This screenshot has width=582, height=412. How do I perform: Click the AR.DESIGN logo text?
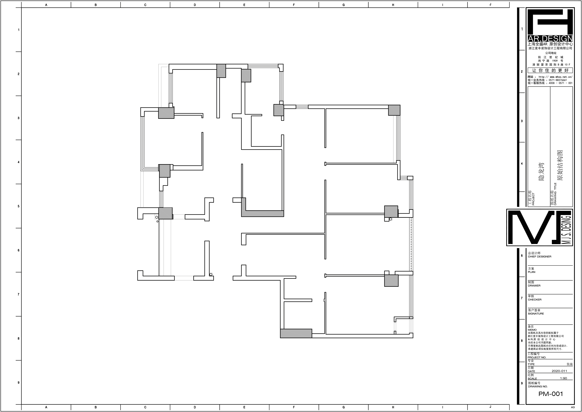pyautogui.click(x=550, y=39)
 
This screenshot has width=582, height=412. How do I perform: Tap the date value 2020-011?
pyautogui.click(x=559, y=371)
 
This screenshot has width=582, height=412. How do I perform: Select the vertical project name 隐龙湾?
pyautogui.click(x=541, y=172)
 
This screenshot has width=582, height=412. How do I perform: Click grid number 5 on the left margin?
pyautogui.click(x=19, y=206)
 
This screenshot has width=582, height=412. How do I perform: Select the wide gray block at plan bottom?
pyautogui.click(x=296, y=333)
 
